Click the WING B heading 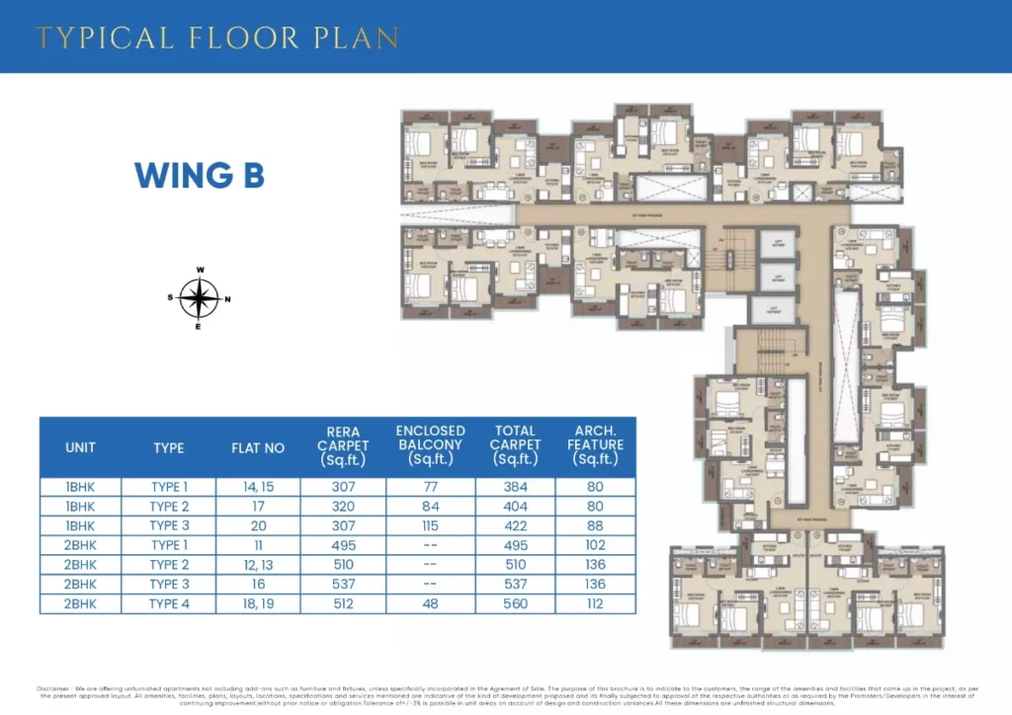click(x=199, y=175)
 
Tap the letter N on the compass click(x=228, y=298)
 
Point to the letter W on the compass click(x=200, y=270)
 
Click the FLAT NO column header click(x=258, y=447)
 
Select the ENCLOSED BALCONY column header click(x=430, y=446)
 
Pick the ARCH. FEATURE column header click(x=596, y=446)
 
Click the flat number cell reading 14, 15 click(x=258, y=487)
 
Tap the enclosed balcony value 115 click(x=430, y=525)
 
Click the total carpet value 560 click(x=515, y=604)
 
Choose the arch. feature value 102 click(x=596, y=545)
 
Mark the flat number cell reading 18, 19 click(x=258, y=604)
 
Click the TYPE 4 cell click(x=168, y=604)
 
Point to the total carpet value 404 click(x=515, y=507)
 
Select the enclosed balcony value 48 click(x=430, y=604)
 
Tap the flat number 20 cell click(x=258, y=525)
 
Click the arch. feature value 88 click(x=596, y=525)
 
